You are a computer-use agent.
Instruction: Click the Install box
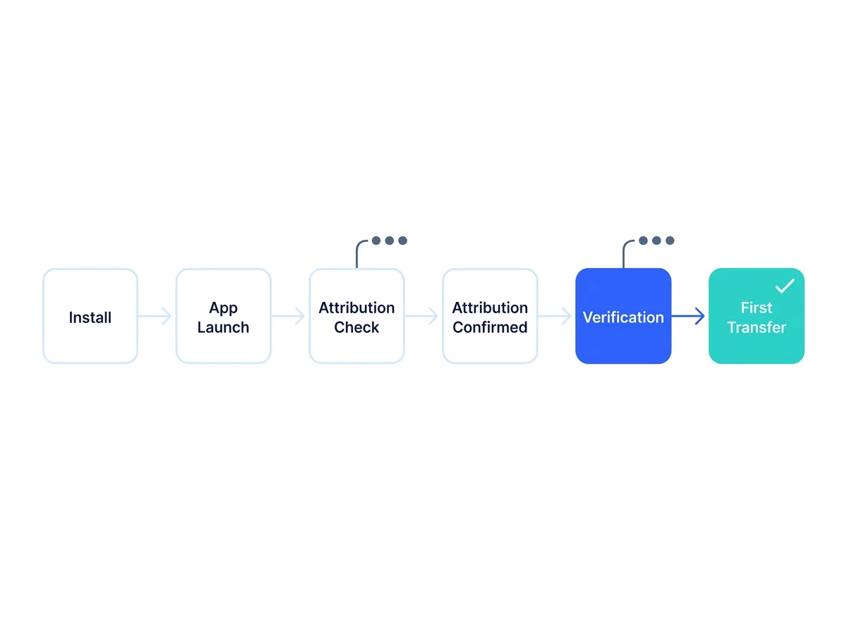[x=90, y=316]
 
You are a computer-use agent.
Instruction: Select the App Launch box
[x=223, y=316]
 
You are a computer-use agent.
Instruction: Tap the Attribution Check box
[x=356, y=316]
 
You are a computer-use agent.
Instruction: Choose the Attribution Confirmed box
[x=490, y=316]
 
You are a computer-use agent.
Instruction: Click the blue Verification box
[x=623, y=316]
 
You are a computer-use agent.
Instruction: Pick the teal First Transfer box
[x=757, y=316]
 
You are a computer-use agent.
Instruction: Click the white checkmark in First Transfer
[x=784, y=286]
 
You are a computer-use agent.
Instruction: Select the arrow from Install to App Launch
[x=155, y=316]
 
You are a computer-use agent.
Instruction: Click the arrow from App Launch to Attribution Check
[x=288, y=316]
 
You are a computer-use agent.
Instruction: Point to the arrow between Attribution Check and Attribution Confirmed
[x=421, y=316]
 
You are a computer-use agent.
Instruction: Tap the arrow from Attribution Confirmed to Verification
[x=555, y=316]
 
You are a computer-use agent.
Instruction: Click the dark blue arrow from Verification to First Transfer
[x=688, y=316]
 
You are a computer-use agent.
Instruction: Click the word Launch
[x=223, y=327]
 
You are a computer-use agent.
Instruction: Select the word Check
[x=356, y=327]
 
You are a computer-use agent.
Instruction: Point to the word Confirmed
[x=490, y=327]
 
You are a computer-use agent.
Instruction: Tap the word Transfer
[x=757, y=327]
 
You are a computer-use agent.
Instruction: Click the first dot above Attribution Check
[x=376, y=241]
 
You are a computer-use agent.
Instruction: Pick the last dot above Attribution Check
[x=402, y=241]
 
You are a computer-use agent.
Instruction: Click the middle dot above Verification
[x=656, y=241]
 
